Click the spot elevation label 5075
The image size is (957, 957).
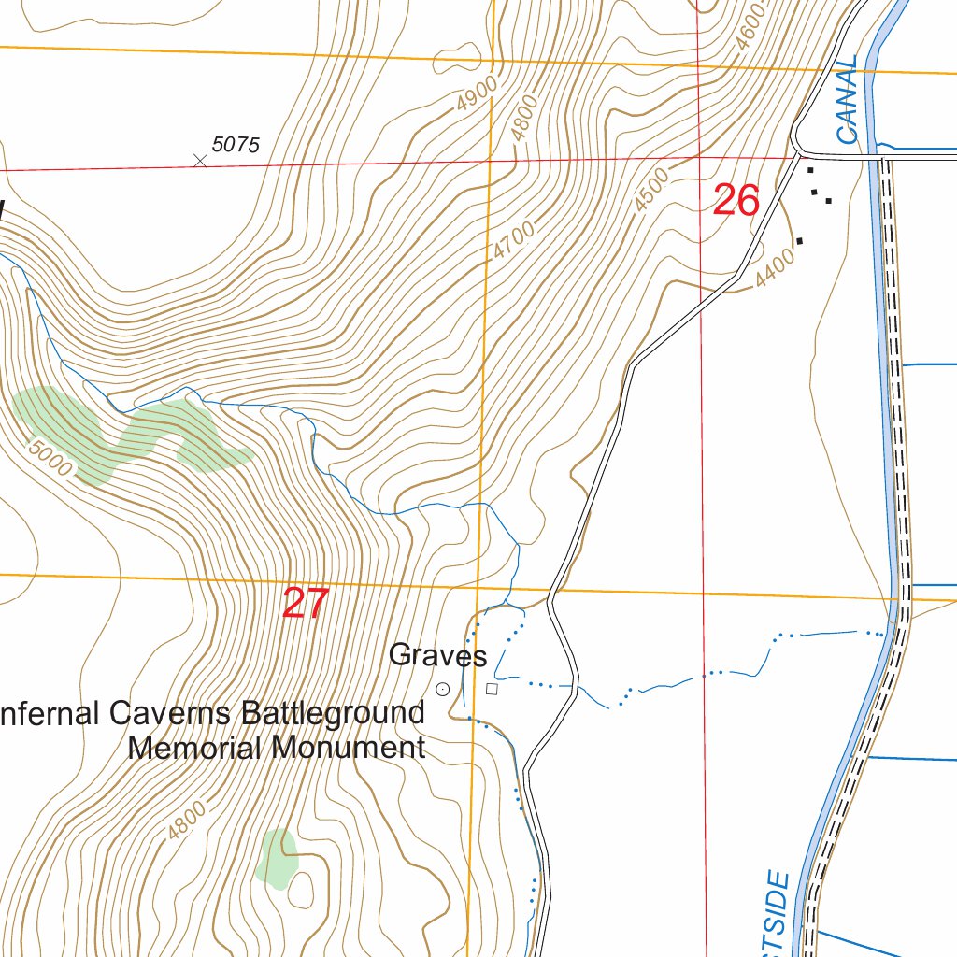236,145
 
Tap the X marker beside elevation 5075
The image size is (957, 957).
199,161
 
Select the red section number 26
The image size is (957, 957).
736,201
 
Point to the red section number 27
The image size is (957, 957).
306,604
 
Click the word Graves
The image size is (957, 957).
437,656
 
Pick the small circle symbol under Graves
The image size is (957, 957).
443,690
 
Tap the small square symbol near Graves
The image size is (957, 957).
493,690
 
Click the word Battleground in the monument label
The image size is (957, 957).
333,714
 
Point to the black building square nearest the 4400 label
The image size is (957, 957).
799,241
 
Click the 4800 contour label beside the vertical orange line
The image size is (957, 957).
526,118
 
